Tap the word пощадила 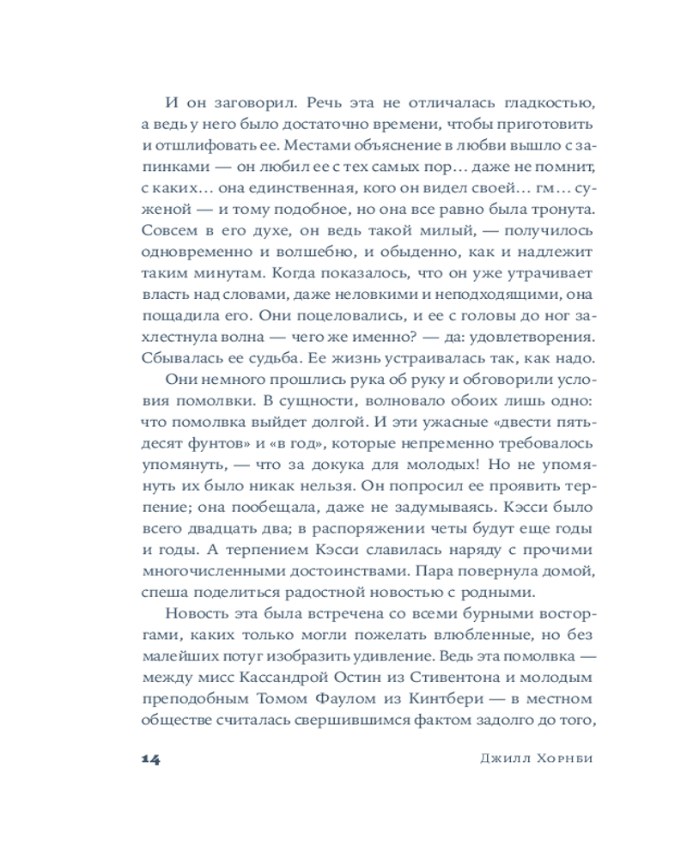pyautogui.click(x=177, y=313)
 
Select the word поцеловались pyautogui.click(x=330, y=313)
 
